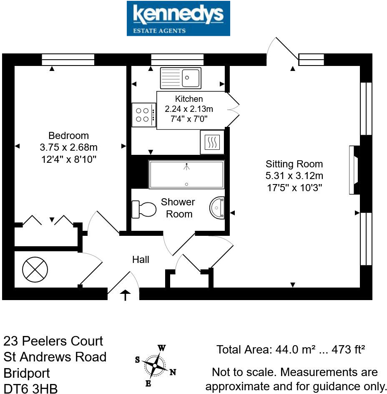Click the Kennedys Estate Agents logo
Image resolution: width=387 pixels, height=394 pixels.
tap(178, 18)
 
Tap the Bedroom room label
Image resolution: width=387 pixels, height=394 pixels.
tap(68, 136)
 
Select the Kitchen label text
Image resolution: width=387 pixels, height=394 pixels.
tap(189, 99)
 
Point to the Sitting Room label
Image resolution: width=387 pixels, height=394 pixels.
tap(294, 164)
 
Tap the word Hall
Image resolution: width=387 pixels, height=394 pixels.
tap(141, 260)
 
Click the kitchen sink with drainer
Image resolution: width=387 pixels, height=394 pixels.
tap(180, 78)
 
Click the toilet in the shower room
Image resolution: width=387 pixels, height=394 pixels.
tap(142, 209)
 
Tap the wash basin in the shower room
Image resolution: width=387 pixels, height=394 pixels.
tap(218, 207)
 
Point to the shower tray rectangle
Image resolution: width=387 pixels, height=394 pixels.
tap(187, 174)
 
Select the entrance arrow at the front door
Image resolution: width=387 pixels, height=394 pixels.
tap(125, 295)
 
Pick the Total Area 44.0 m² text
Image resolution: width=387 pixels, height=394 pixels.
tap(291, 350)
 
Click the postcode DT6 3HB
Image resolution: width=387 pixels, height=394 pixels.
tap(30, 388)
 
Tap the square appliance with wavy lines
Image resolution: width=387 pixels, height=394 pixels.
tap(212, 142)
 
